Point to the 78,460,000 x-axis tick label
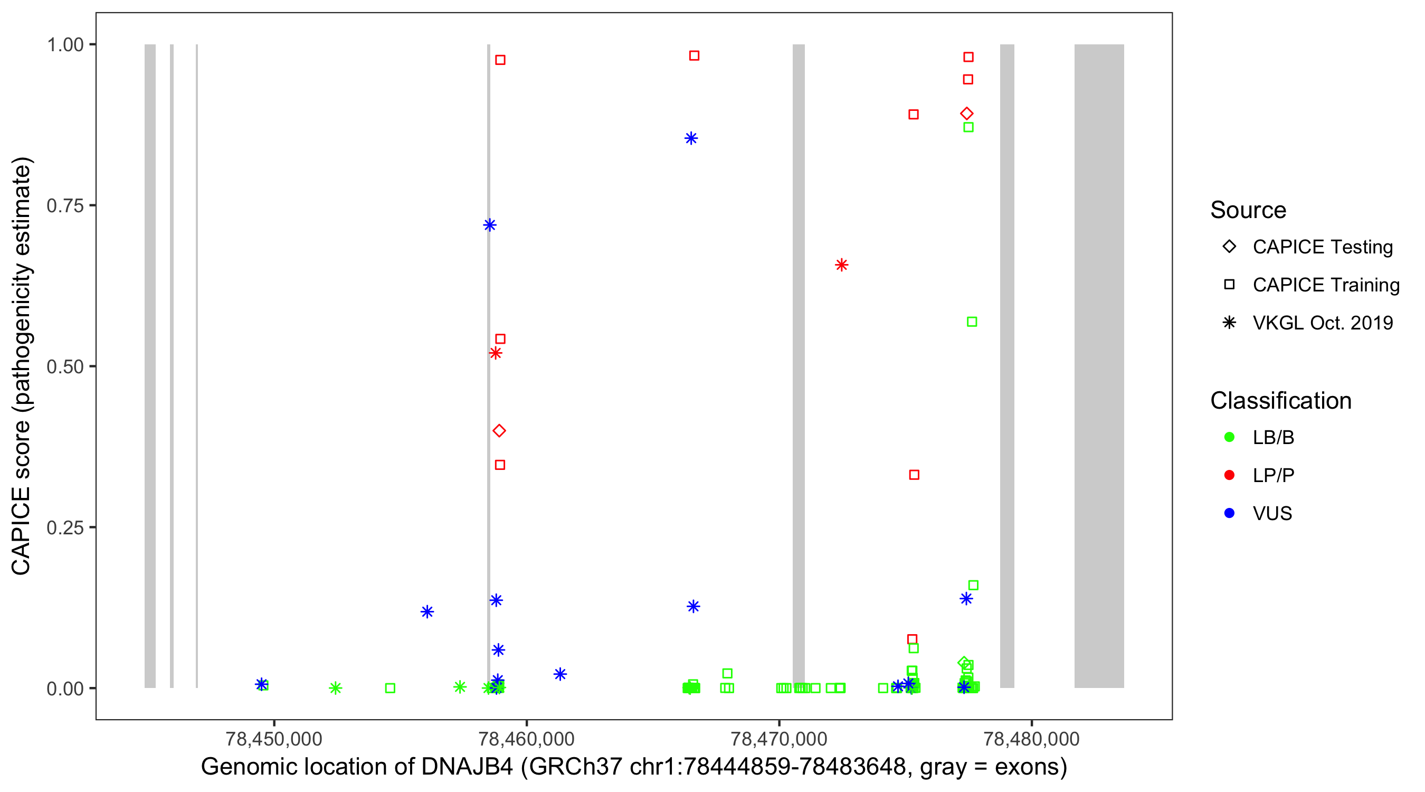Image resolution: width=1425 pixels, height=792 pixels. coord(526,738)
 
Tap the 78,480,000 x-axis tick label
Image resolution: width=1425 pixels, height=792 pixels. coord(1031,738)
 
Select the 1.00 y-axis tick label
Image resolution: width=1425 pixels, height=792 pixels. coord(65,45)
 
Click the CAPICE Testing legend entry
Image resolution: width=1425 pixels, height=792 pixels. coord(1322,247)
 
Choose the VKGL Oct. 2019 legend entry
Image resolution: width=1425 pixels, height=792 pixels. coord(1322,323)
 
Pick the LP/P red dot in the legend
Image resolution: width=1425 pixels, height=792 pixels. coord(1229,475)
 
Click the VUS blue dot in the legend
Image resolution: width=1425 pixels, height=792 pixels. coord(1229,513)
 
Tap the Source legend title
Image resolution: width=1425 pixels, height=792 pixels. coord(1248,210)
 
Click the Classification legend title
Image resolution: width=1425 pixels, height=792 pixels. coord(1280,401)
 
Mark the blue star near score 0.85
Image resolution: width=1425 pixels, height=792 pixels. coord(691,138)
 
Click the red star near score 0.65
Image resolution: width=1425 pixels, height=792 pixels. coord(841,265)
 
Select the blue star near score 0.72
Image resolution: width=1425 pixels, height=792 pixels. coord(490,225)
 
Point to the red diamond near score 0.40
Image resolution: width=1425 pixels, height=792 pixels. coord(499,431)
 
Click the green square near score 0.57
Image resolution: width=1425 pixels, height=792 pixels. coord(972,322)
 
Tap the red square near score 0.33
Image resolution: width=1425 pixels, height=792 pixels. coord(915,475)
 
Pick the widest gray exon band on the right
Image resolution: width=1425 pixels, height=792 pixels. coord(1099,365)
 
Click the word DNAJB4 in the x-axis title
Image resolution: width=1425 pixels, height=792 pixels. coord(467,767)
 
